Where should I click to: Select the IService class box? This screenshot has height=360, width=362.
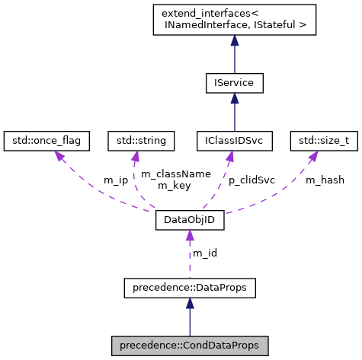pos(234,81)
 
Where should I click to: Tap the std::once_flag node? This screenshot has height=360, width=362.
pos(46,140)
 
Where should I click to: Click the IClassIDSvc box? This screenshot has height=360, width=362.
pos(234,140)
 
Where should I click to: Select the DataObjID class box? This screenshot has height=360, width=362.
pos(189,221)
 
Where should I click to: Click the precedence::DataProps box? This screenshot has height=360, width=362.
pos(189,288)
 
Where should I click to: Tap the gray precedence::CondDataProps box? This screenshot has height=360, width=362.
pos(189,346)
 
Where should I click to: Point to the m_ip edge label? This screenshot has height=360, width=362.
pos(116,180)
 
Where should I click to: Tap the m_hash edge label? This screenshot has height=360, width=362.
pos(325,180)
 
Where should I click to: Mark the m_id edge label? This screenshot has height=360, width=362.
pos(204,253)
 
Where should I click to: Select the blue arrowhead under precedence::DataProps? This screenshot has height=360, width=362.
pos(189,303)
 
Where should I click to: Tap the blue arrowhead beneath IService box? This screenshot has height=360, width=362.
pos(234,97)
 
